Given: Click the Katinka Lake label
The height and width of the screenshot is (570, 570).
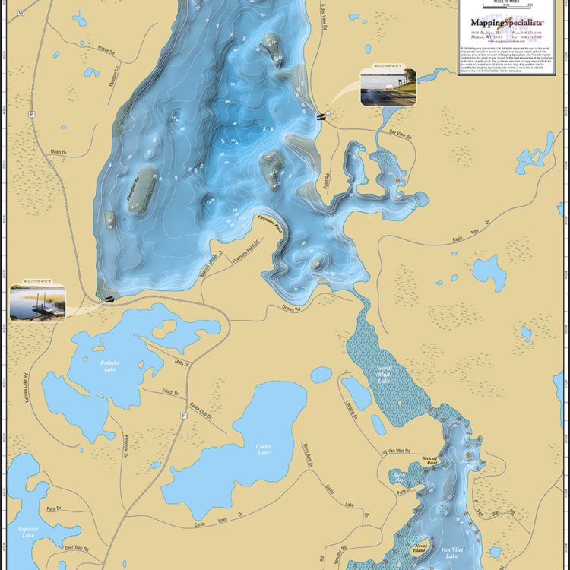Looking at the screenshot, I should click(x=110, y=364).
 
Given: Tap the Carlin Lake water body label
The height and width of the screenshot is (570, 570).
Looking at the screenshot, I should click(x=264, y=449).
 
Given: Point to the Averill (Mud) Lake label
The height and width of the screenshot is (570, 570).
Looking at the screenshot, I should click(x=385, y=375).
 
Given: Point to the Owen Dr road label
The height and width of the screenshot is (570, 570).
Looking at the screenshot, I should click(x=59, y=151).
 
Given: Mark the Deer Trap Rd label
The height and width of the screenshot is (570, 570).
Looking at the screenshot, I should click(x=77, y=548).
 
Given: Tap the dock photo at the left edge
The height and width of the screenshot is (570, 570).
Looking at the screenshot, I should click(x=37, y=303).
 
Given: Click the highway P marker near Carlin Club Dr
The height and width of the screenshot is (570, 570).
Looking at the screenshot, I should click(x=183, y=416).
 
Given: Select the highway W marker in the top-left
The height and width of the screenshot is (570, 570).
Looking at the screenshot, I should click(x=21, y=13).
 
